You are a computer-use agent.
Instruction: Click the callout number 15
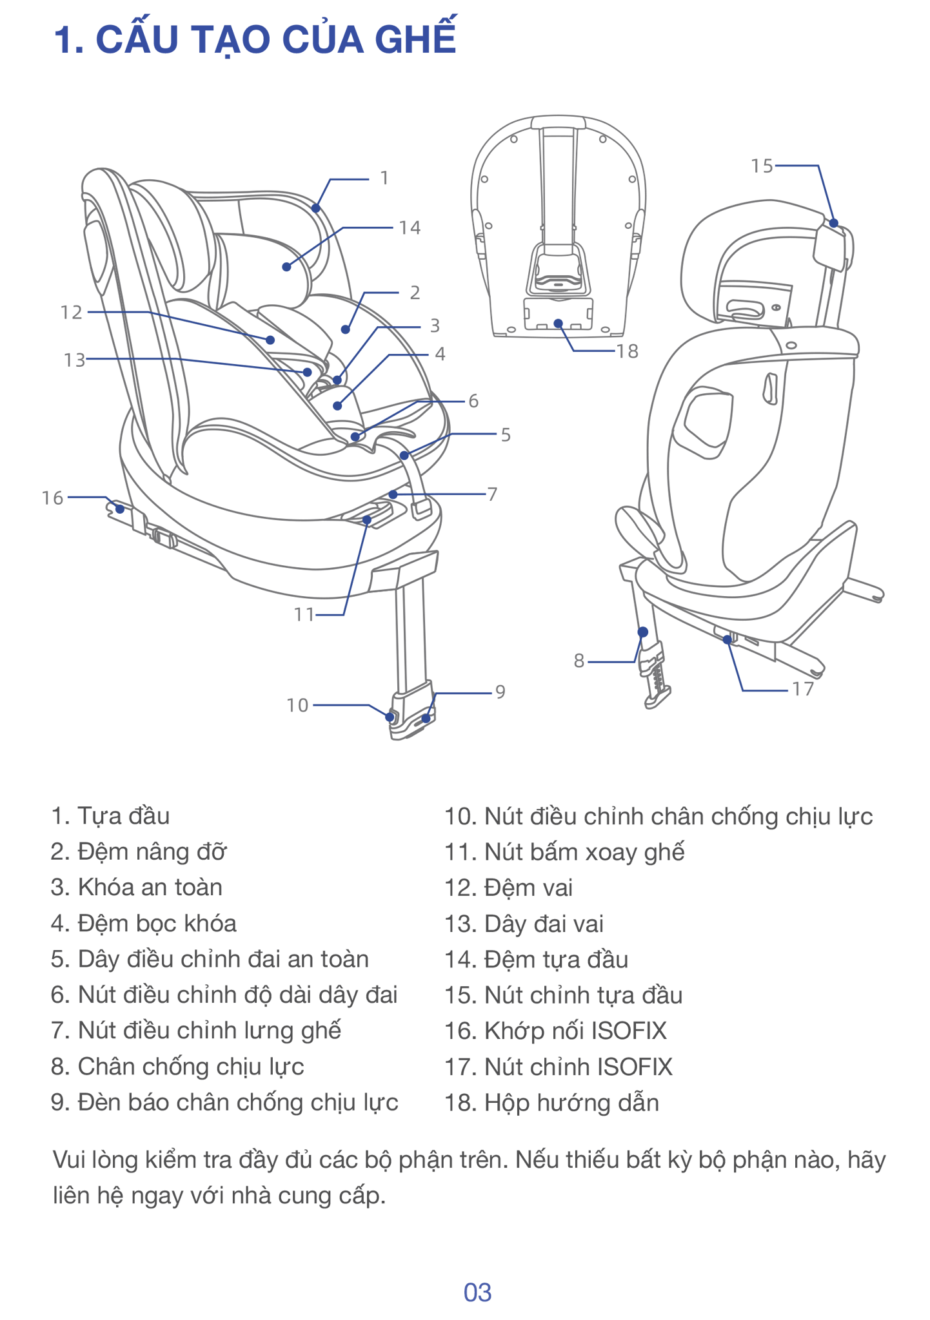tap(762, 166)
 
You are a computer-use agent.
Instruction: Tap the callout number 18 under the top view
tap(627, 351)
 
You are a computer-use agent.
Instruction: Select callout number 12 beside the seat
tap(72, 313)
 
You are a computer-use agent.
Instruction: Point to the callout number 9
tap(500, 692)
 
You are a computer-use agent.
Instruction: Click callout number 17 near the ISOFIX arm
tap(803, 690)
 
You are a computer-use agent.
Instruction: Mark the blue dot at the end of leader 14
tap(286, 267)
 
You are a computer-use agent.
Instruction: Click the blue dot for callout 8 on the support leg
tap(642, 632)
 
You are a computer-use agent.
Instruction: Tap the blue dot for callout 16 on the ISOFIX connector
tap(120, 509)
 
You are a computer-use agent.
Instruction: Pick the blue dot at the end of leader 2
tap(346, 329)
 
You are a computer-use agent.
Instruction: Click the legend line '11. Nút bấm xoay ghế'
tap(564, 852)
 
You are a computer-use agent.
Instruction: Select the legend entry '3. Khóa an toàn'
tap(137, 888)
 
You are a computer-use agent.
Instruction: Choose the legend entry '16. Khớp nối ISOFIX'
tap(555, 1031)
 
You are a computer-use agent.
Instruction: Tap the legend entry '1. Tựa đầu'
tap(111, 816)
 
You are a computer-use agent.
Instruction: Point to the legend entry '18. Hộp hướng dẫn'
tap(552, 1102)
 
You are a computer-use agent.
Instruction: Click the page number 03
tap(477, 1292)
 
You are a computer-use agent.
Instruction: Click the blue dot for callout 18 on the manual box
tap(558, 324)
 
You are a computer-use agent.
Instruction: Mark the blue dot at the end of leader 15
tap(833, 223)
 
